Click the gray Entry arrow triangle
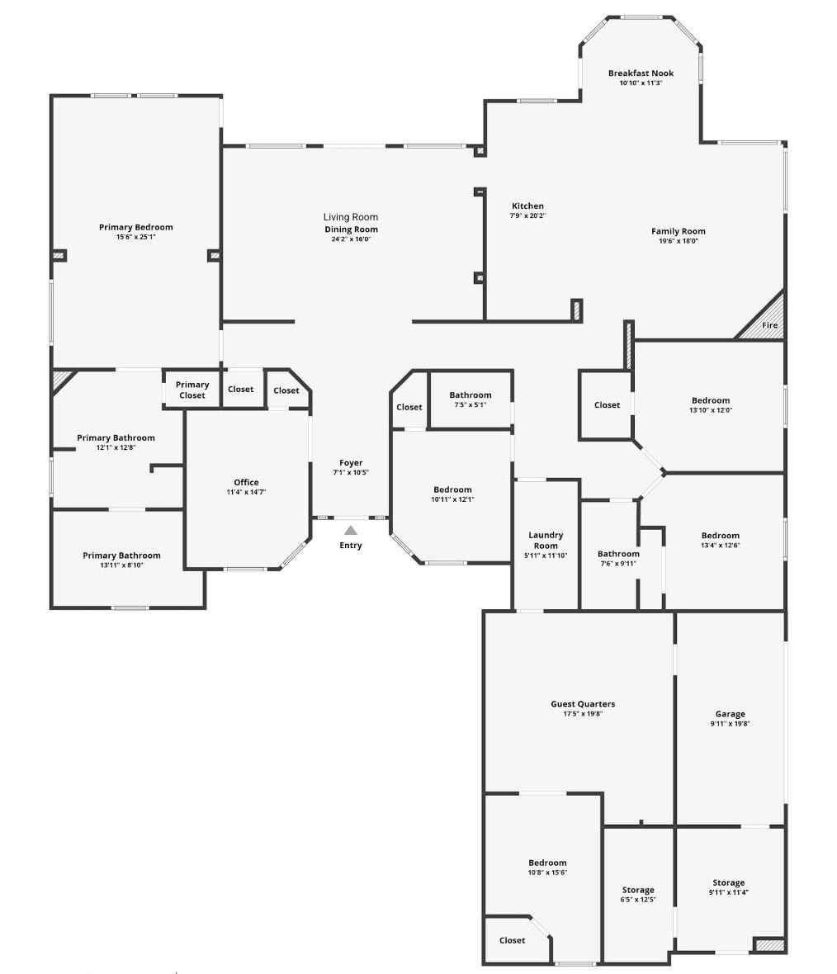click(351, 530)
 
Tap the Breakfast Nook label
click(641, 73)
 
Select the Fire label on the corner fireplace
click(769, 325)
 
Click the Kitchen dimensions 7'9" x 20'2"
click(527, 215)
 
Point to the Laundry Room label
click(546, 541)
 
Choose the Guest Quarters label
click(583, 704)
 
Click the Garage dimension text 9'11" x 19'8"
click(730, 724)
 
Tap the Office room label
click(246, 482)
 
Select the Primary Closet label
click(192, 390)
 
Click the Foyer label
click(351, 463)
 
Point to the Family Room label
click(678, 231)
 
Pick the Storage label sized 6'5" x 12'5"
click(638, 890)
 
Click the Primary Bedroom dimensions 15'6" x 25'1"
click(136, 237)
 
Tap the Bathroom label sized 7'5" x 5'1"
click(471, 395)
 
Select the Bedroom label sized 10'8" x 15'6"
click(547, 863)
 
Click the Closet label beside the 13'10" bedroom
click(607, 404)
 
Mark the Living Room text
click(351, 217)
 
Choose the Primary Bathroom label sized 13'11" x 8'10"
click(121, 556)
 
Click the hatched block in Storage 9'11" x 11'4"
click(768, 945)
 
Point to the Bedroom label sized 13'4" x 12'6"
click(720, 535)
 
